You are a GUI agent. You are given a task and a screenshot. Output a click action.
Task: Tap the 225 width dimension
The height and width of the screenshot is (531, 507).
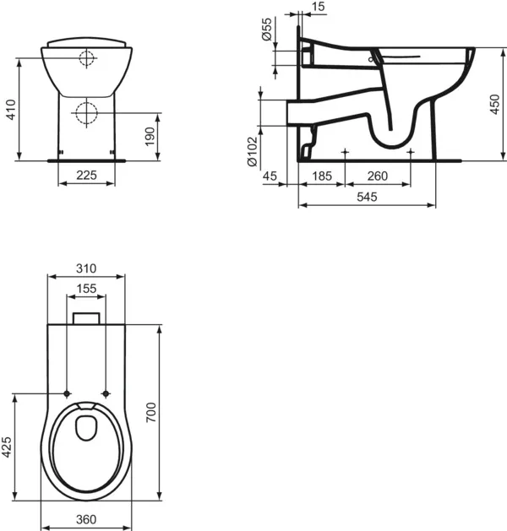coord(84,175)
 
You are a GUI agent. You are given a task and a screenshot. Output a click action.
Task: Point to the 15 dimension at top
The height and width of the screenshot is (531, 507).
coord(319,8)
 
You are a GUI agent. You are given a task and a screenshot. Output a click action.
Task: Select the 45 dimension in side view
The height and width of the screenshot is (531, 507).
coord(271,175)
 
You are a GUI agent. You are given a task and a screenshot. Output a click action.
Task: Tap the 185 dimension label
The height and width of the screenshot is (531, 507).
coord(321,175)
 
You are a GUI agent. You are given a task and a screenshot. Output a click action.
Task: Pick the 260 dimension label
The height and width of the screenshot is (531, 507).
coord(378,175)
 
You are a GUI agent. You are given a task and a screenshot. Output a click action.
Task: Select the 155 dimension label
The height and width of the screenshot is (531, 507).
coord(86,289)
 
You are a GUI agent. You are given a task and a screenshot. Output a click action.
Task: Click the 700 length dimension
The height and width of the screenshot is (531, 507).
coord(152,412)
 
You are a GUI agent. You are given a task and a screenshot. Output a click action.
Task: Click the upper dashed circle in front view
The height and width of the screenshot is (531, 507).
coord(85,58)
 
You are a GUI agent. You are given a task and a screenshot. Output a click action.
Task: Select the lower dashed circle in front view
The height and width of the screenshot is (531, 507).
coord(84,111)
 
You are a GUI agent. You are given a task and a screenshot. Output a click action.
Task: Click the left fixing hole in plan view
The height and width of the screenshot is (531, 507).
coord(67,393)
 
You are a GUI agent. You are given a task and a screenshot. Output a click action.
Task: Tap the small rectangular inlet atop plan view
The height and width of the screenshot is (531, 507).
coord(85,318)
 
